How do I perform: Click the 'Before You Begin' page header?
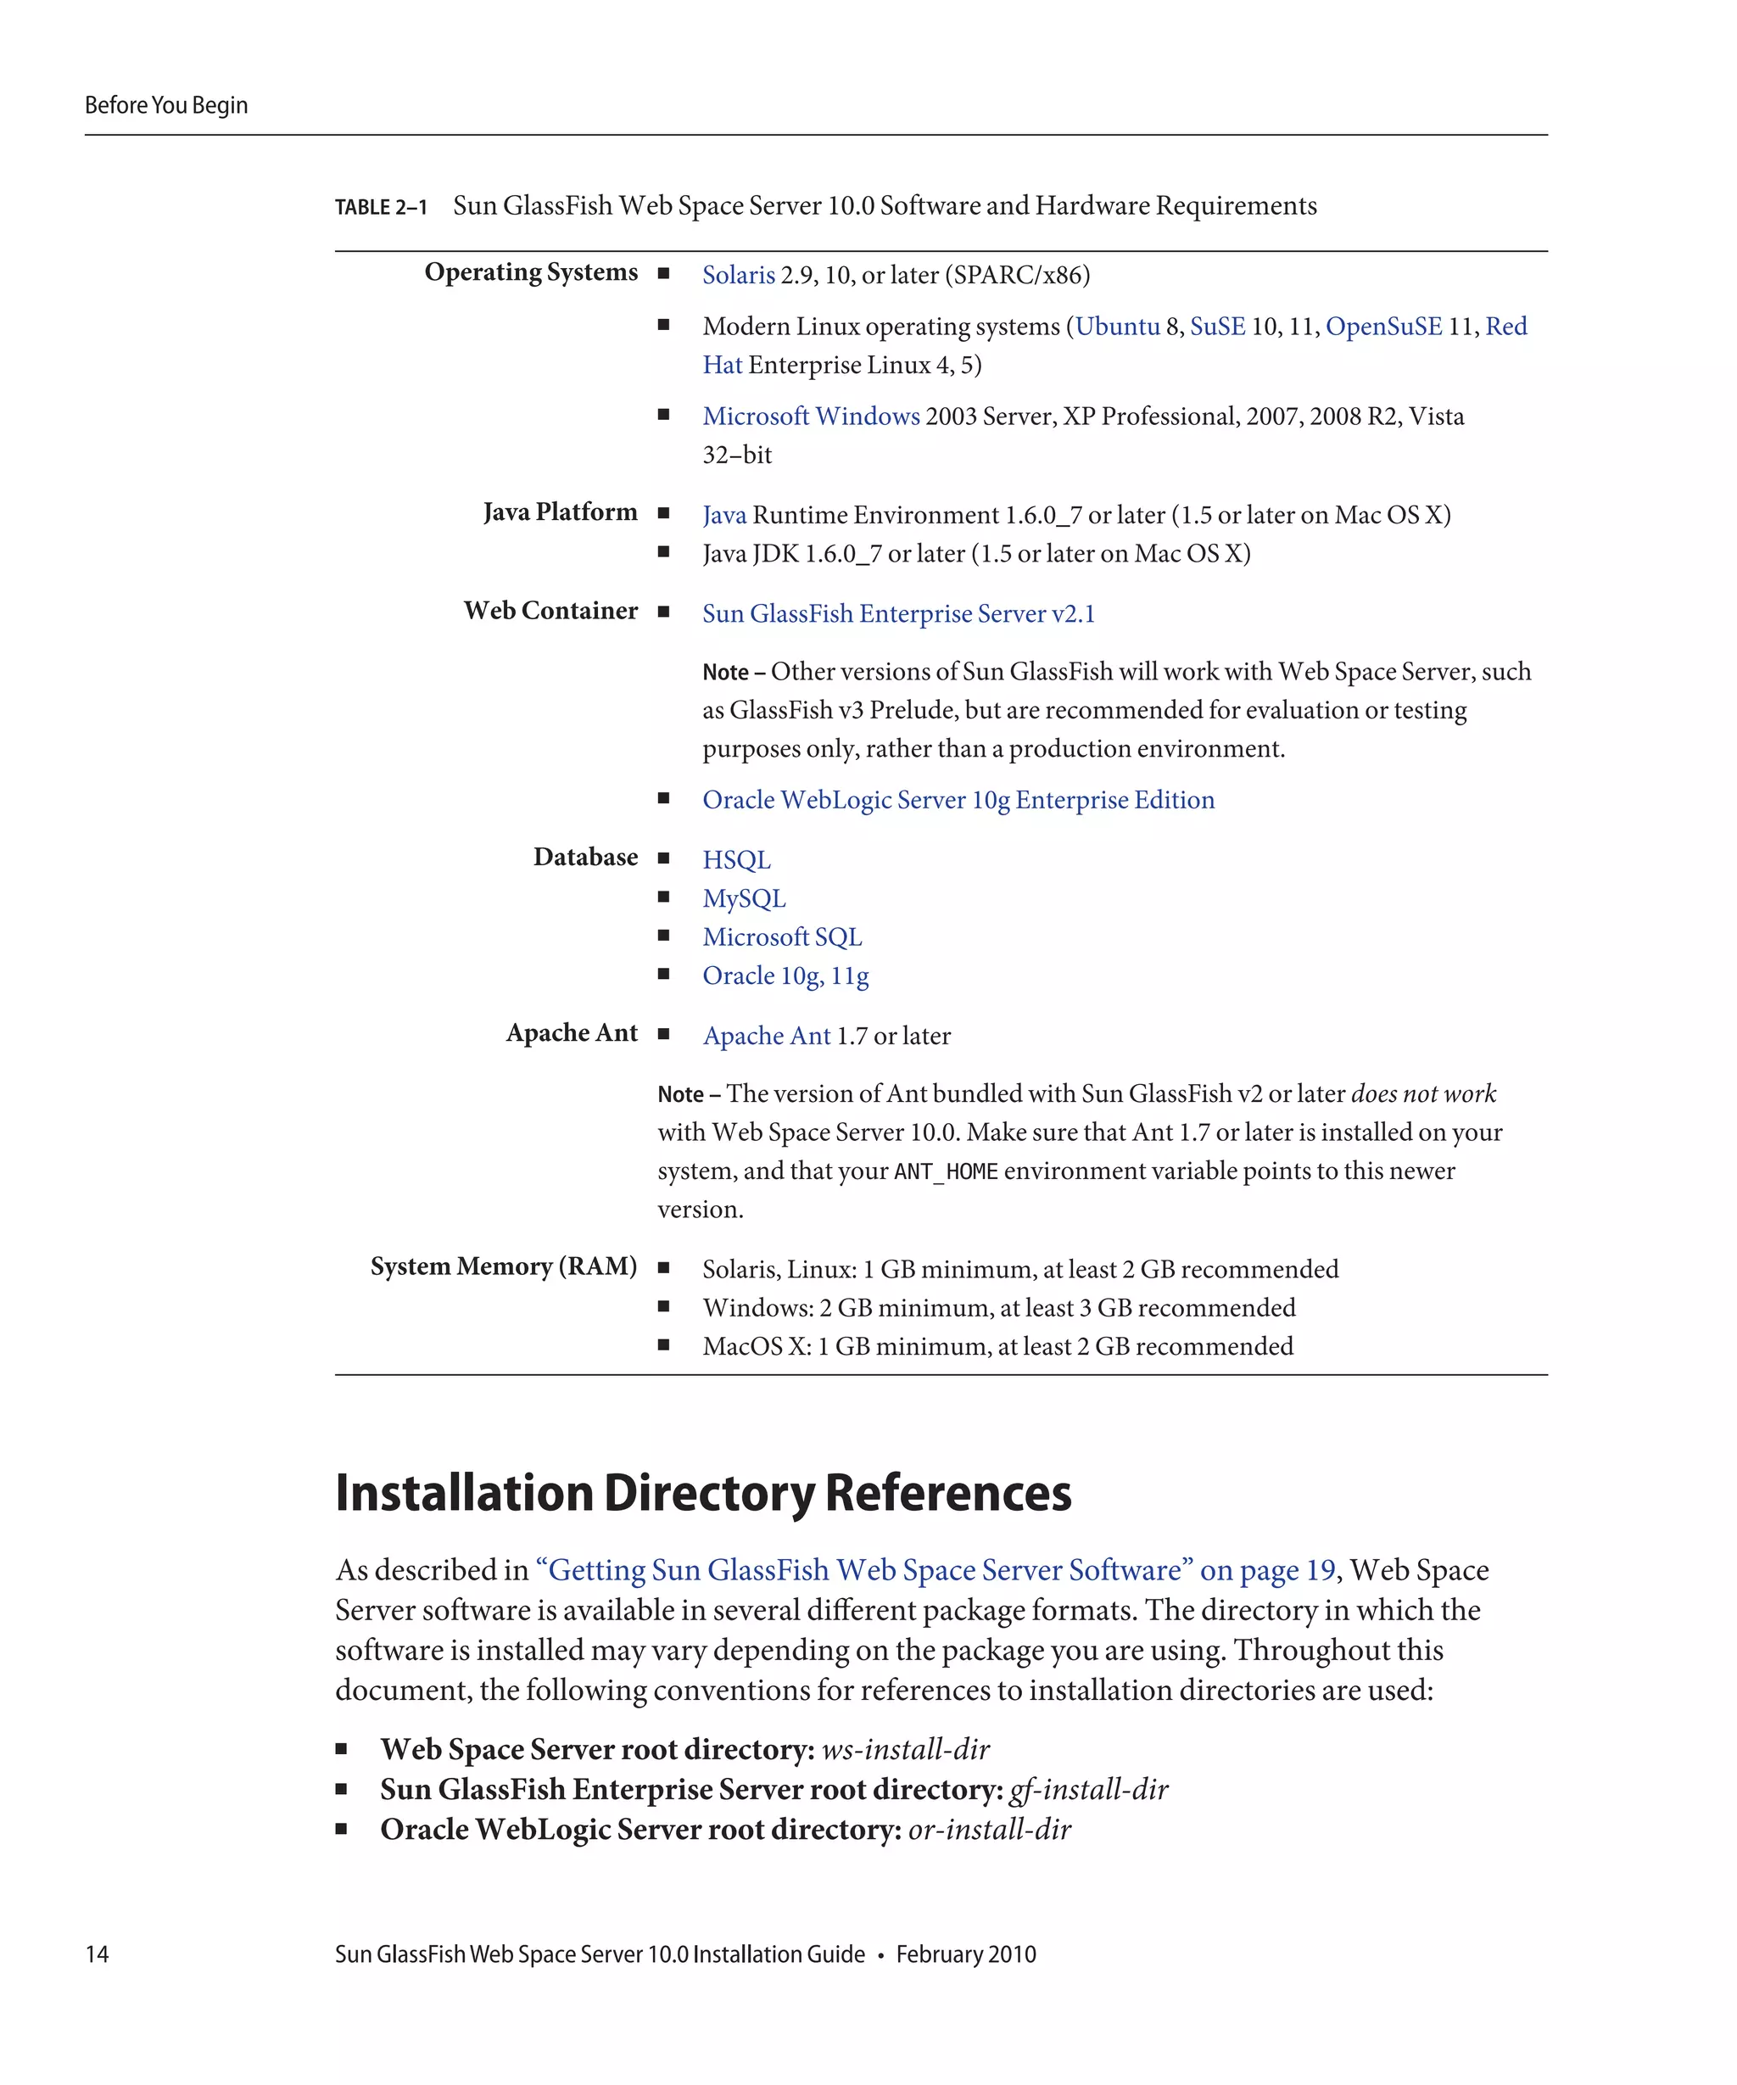pyautogui.click(x=165, y=105)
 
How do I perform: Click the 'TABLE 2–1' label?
pyautogui.click(x=380, y=208)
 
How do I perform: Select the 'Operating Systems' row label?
pyautogui.click(x=531, y=272)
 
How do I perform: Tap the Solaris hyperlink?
pyautogui.click(x=738, y=275)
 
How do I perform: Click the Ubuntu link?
pyautogui.click(x=1117, y=327)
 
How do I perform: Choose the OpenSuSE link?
pyautogui.click(x=1382, y=327)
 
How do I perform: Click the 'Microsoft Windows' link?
pyautogui.click(x=810, y=416)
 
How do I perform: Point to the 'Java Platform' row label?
pyautogui.click(x=560, y=512)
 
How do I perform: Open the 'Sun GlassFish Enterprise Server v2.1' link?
pyautogui.click(x=898, y=613)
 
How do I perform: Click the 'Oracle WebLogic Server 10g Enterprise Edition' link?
pyautogui.click(x=958, y=800)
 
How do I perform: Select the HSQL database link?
pyautogui.click(x=735, y=860)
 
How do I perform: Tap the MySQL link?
pyautogui.click(x=744, y=898)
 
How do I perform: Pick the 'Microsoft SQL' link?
pyautogui.click(x=782, y=937)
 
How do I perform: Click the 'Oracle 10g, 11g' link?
pyautogui.click(x=785, y=976)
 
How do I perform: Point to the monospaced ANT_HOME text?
pyautogui.click(x=945, y=1171)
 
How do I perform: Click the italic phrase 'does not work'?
pyautogui.click(x=1422, y=1094)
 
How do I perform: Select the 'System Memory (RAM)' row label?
pyautogui.click(x=503, y=1267)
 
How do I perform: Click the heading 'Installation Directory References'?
pyautogui.click(x=703, y=1493)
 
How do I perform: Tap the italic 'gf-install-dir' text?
pyautogui.click(x=1088, y=1789)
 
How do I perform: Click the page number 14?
pyautogui.click(x=98, y=1954)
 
